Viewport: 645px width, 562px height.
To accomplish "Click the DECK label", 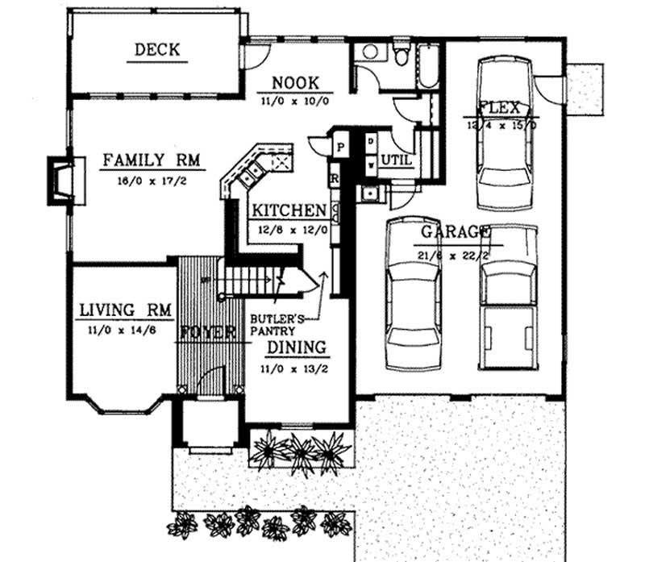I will [157, 50].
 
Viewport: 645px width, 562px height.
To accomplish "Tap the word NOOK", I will [295, 82].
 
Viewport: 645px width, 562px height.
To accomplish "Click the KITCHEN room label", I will [289, 210].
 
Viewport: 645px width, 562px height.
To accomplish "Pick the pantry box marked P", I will [340, 147].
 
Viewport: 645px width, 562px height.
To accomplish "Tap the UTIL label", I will [396, 160].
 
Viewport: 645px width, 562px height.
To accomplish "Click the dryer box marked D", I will [370, 142].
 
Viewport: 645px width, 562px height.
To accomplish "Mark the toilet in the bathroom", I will [401, 55].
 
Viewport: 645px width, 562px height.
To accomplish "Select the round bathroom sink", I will [371, 52].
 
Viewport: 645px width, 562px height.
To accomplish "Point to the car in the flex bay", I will [505, 133].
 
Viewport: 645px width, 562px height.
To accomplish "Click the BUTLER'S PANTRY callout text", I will [277, 324].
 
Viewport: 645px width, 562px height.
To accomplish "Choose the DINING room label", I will [297, 348].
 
